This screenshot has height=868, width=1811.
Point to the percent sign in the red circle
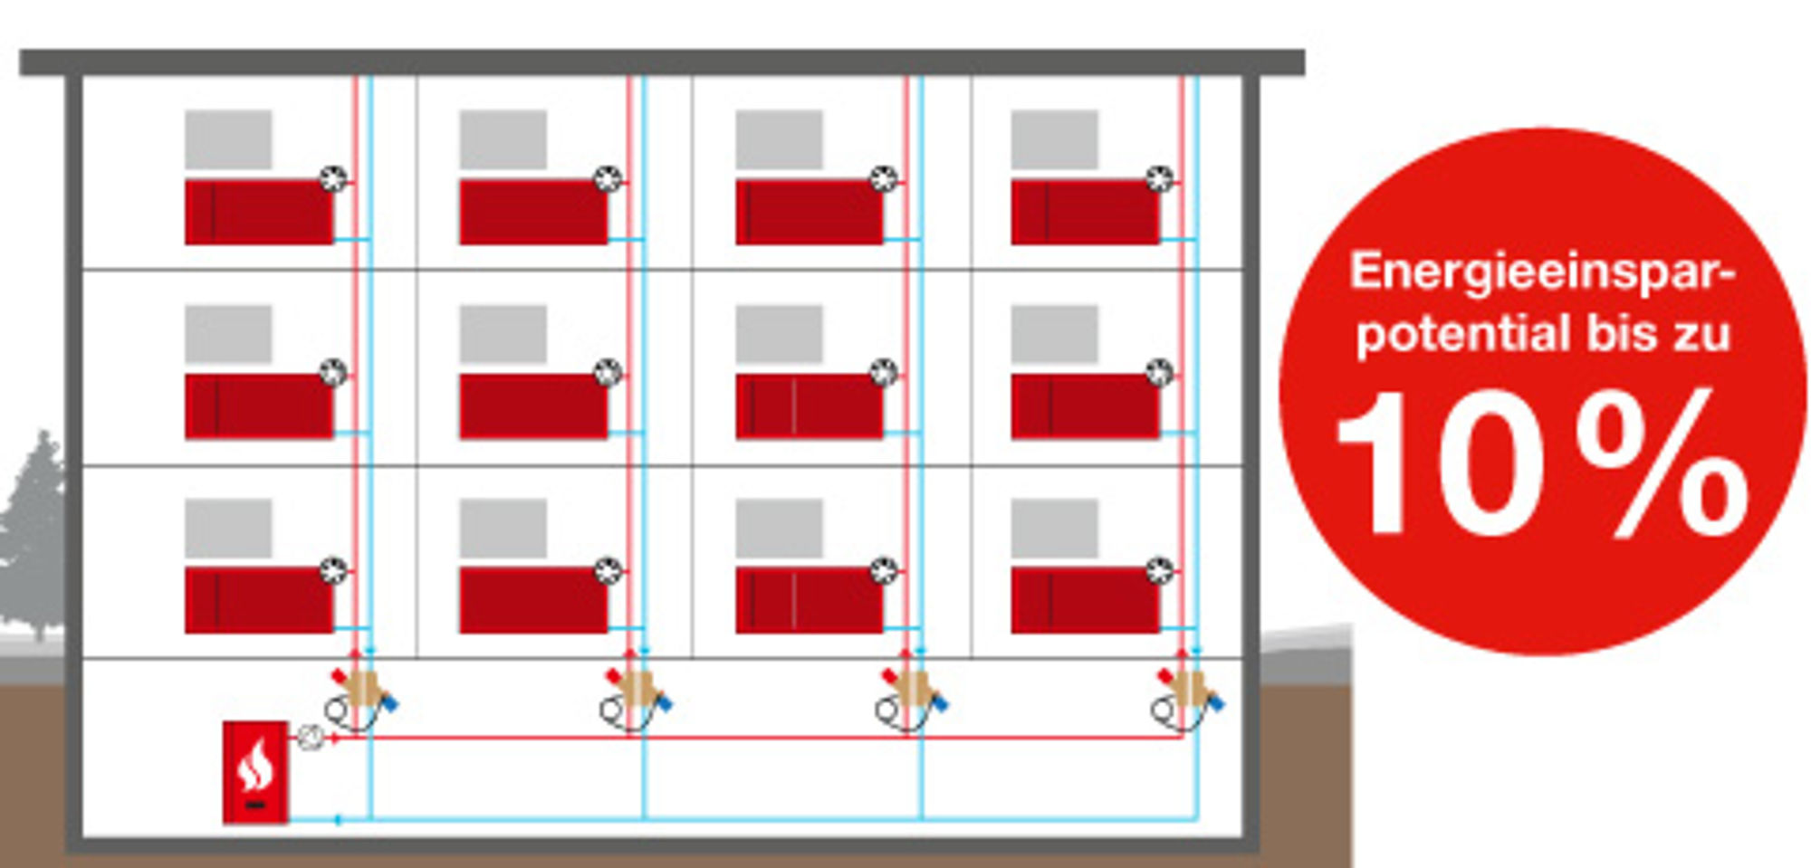point(1662,462)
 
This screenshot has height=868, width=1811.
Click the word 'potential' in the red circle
point(1463,333)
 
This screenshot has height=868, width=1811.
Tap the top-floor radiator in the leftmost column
point(259,212)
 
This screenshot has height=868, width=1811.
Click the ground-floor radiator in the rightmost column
point(1085,600)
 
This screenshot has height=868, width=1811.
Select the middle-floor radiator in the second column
point(533,406)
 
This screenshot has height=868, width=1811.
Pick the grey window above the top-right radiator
point(1054,139)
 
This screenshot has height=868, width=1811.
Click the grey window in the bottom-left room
point(228,528)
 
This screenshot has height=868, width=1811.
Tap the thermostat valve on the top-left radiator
point(333,178)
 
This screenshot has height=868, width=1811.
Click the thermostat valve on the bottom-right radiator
point(1159,570)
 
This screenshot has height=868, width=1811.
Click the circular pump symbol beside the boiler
point(311,738)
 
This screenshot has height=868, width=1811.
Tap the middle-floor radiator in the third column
point(810,406)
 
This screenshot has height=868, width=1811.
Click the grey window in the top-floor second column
point(503,139)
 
